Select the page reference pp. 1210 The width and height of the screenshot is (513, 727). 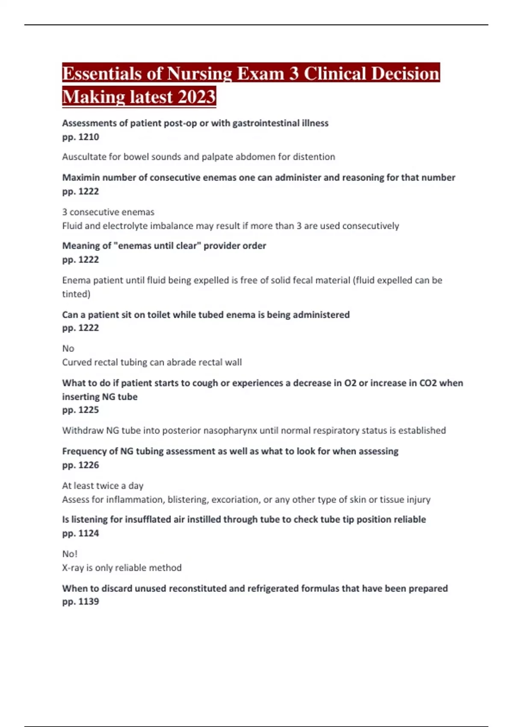[x=80, y=137]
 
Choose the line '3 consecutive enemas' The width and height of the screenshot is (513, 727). [x=108, y=212]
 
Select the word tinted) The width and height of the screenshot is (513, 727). [x=76, y=294]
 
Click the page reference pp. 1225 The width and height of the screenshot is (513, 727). [x=80, y=410]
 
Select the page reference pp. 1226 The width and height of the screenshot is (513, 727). [x=80, y=465]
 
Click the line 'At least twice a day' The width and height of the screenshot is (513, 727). [x=103, y=486]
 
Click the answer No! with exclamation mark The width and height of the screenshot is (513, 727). [x=70, y=554]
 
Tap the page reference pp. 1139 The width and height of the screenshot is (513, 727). [x=80, y=601]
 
